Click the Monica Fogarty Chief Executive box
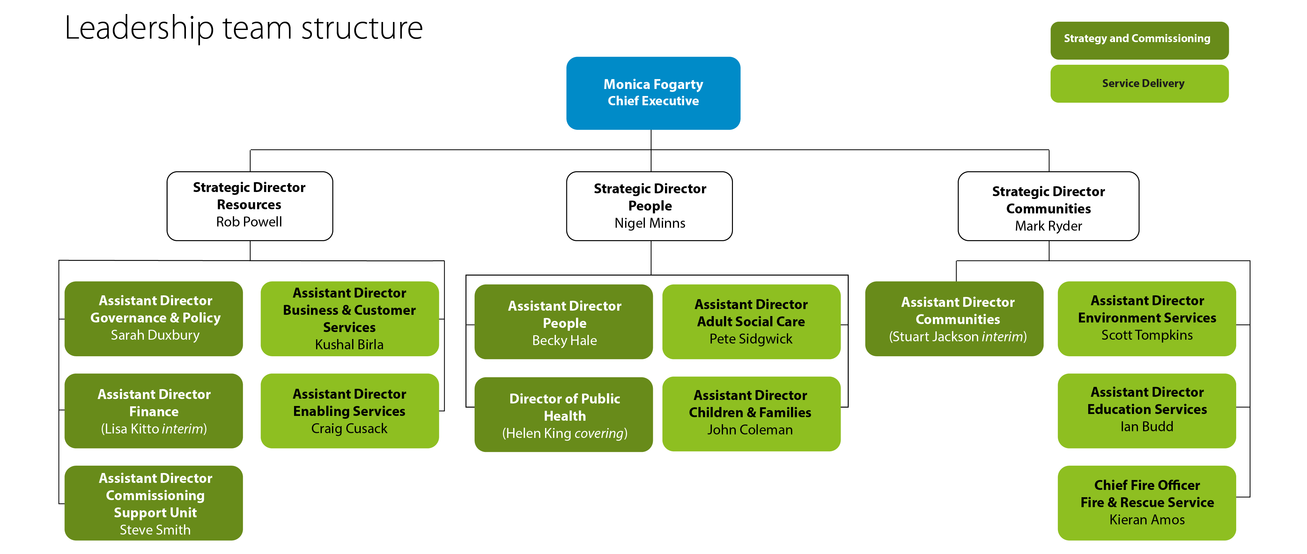653,93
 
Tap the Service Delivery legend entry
1139,84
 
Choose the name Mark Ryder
1048,226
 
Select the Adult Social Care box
751,321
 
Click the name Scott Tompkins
1147,335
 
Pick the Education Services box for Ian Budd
1147,410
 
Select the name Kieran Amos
1147,520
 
